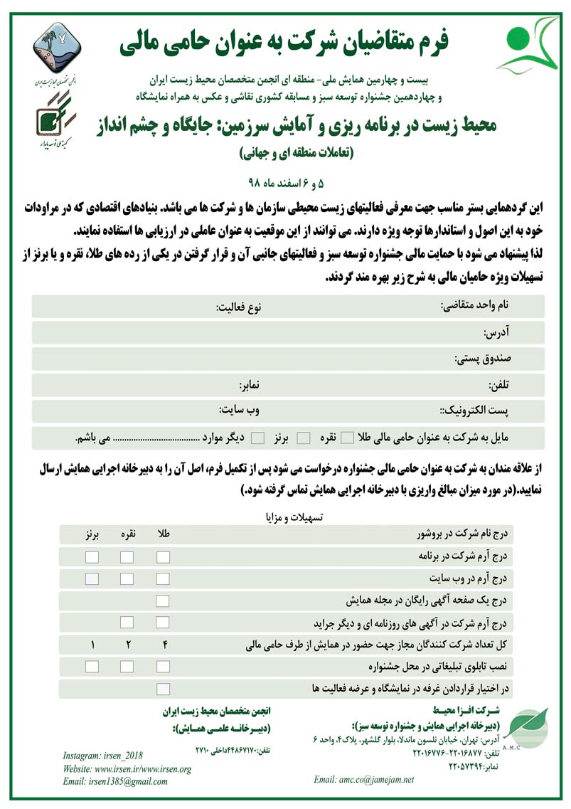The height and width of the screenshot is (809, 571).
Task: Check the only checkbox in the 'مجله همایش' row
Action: coord(163,601)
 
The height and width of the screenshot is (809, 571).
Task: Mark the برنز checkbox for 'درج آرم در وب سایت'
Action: coord(92,578)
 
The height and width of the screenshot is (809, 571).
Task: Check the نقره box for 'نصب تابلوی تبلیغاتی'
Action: coord(127,667)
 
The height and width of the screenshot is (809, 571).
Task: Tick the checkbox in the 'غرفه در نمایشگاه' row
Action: coord(163,689)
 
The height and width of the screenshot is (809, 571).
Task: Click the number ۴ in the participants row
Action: coord(163,645)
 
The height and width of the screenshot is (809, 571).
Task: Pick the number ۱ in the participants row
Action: coord(92,645)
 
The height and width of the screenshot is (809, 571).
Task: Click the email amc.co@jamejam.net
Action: coord(363,780)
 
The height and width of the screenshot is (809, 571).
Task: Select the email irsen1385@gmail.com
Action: coord(115,781)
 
